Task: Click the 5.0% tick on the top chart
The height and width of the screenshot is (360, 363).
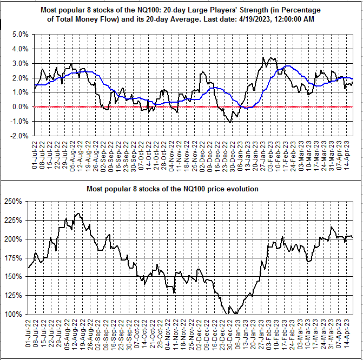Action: pyautogui.click(x=20, y=35)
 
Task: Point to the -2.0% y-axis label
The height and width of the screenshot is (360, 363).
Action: pyautogui.click(x=19, y=136)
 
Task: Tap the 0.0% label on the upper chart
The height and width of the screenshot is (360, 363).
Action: pyautogui.click(x=20, y=107)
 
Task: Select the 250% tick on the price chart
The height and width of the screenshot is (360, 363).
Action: pyautogui.click(x=13, y=201)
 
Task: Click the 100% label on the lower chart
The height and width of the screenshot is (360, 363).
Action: pyautogui.click(x=13, y=314)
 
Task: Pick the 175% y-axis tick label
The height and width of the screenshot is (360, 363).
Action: pyautogui.click(x=13, y=258)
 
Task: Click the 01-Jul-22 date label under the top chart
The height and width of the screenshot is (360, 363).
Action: pyautogui.click(x=35, y=155)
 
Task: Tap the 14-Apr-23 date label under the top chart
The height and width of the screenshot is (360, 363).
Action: pyautogui.click(x=347, y=155)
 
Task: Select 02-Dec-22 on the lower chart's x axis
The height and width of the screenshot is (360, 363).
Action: pyautogui.click(x=199, y=335)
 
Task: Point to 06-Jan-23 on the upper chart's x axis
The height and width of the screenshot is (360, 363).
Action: pyautogui.click(x=240, y=156)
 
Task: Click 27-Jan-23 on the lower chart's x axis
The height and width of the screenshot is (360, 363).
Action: pyautogui.click(x=261, y=335)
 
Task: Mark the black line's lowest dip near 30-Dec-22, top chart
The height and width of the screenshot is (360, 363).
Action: pyautogui.click(x=230, y=122)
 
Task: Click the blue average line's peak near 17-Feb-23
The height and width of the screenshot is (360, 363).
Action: pyautogui.click(x=287, y=66)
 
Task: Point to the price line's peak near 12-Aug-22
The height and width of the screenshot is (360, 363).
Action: pyautogui.click(x=78, y=214)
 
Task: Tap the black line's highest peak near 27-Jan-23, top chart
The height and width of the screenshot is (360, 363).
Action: pyautogui.click(x=263, y=57)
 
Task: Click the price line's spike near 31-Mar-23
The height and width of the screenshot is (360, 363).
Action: pyautogui.click(x=332, y=227)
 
